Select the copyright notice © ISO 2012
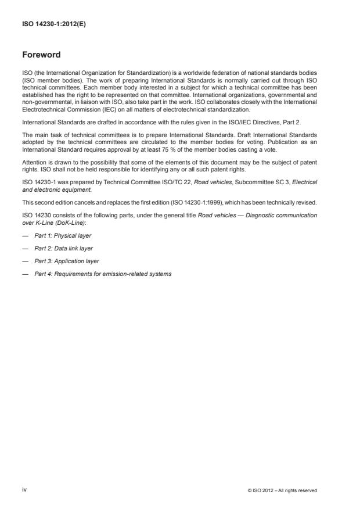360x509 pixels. point(282,490)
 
